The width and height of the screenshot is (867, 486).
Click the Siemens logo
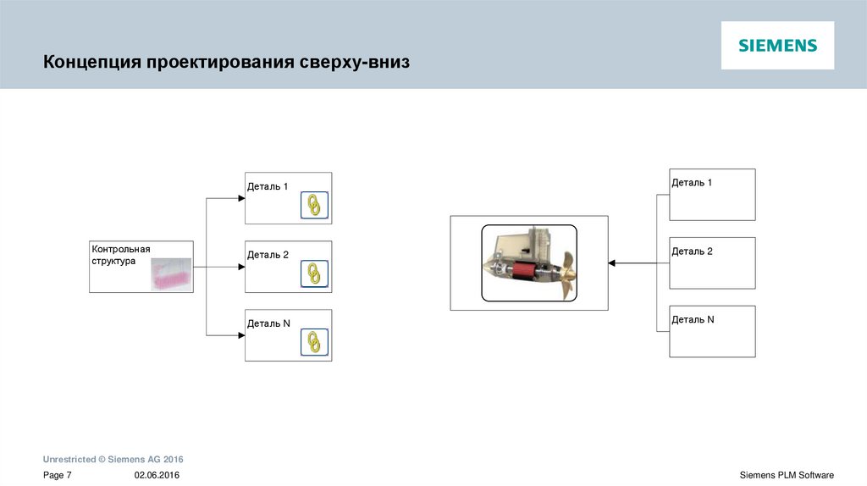(777, 46)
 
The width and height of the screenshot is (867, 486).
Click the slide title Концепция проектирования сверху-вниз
(226, 63)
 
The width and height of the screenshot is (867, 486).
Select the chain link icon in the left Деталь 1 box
(314, 205)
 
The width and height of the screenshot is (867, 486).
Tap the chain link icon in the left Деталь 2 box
(314, 273)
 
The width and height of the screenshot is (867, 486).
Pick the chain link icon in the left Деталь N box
(314, 341)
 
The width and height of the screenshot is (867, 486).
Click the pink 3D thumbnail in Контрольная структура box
(172, 274)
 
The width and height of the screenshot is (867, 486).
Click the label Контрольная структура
(121, 255)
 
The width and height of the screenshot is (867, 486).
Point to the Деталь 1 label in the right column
(692, 183)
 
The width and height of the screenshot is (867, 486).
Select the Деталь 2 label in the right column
(692, 251)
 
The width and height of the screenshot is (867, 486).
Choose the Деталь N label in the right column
(693, 320)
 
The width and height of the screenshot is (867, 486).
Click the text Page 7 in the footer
(58, 476)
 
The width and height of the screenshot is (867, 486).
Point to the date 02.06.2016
(157, 476)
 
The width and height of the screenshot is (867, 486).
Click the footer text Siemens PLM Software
(787, 476)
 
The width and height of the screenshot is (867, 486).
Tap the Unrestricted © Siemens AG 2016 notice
(113, 459)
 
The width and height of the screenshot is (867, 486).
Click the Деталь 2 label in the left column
(268, 255)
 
